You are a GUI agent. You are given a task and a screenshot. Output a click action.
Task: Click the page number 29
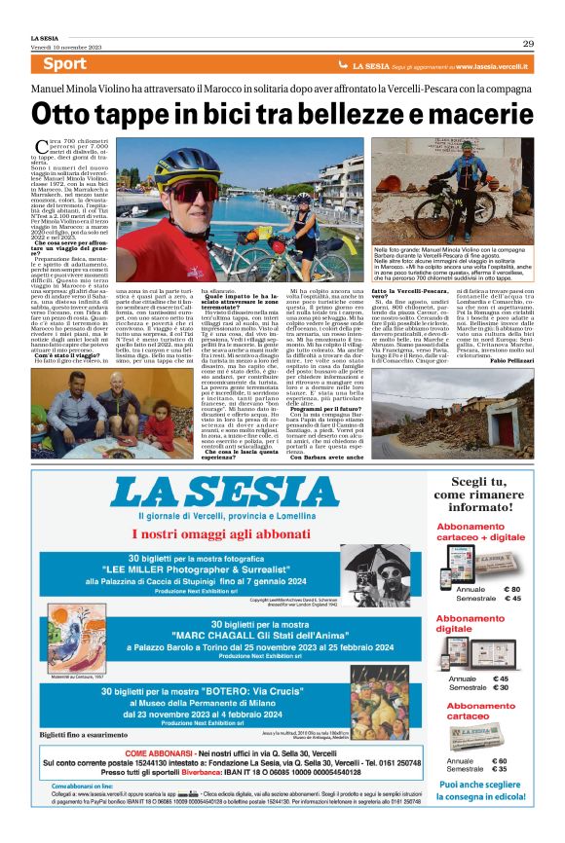tap(527, 43)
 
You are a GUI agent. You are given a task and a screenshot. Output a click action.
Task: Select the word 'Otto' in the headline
tap(66, 115)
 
